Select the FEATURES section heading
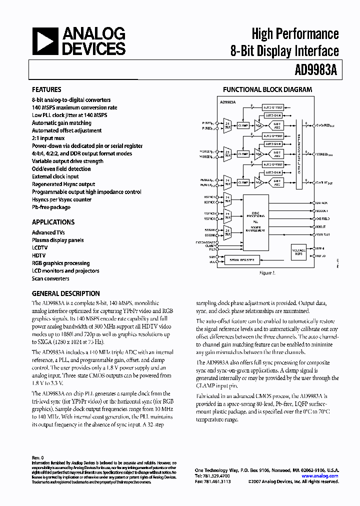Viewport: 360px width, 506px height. [x=46, y=90]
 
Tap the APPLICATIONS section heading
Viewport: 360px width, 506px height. [x=53, y=222]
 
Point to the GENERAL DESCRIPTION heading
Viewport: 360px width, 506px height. [x=65, y=293]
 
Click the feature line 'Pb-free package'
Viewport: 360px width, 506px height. [x=51, y=207]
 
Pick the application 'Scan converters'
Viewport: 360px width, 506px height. [x=50, y=278]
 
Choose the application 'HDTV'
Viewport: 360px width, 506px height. [x=39, y=255]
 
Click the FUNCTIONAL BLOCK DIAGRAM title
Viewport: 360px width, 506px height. [x=267, y=90]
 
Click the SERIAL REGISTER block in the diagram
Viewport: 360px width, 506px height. [x=242, y=260]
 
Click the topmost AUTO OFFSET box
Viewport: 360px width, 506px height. [x=274, y=107]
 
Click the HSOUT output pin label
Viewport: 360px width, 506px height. [x=322, y=226]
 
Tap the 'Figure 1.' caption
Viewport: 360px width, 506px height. [x=266, y=273]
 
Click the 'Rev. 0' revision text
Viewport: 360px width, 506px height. [x=38, y=457]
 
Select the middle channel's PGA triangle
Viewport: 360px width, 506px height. [x=258, y=154]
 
